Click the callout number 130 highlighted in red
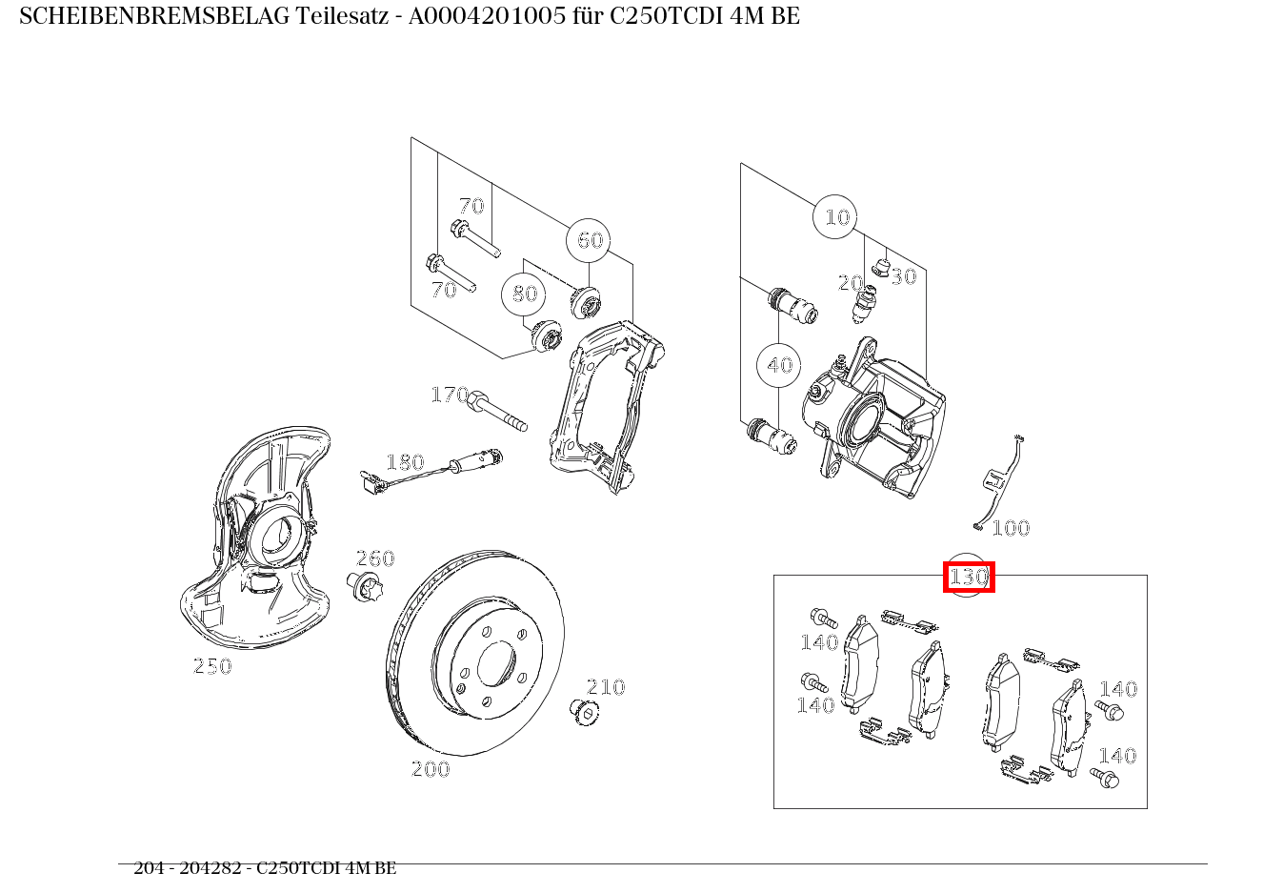click(969, 578)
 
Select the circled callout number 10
click(836, 217)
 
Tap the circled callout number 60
click(589, 240)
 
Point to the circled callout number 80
click(524, 294)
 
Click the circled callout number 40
click(779, 365)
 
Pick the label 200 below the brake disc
click(430, 769)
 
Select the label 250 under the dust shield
click(211, 666)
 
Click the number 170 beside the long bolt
click(449, 395)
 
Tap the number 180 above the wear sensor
click(404, 462)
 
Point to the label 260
click(374, 558)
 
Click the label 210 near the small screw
click(605, 686)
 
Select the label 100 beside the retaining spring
click(1011, 528)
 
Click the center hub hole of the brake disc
click(495, 663)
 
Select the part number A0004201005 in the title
click(486, 16)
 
